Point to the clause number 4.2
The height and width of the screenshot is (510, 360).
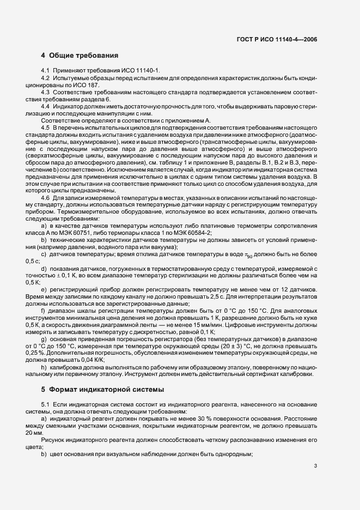(46, 78)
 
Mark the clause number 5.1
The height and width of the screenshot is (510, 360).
(46, 406)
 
